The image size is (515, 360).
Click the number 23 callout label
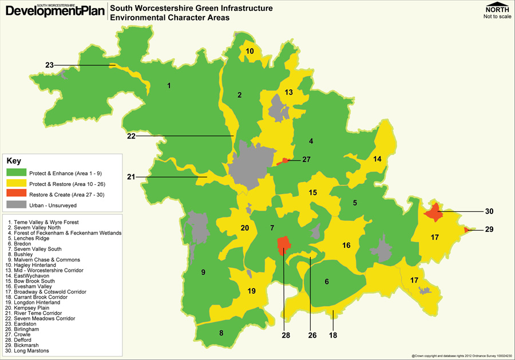point(49,65)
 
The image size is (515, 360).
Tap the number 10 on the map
point(249,52)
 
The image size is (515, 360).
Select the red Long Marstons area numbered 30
point(434,212)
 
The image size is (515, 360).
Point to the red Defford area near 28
point(283,246)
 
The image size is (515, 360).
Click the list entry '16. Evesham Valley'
point(35,287)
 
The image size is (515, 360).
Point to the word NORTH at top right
point(497,10)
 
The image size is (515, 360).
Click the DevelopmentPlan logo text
point(54,10)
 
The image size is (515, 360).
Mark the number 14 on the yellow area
point(377,159)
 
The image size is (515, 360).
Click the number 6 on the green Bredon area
point(327,282)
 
